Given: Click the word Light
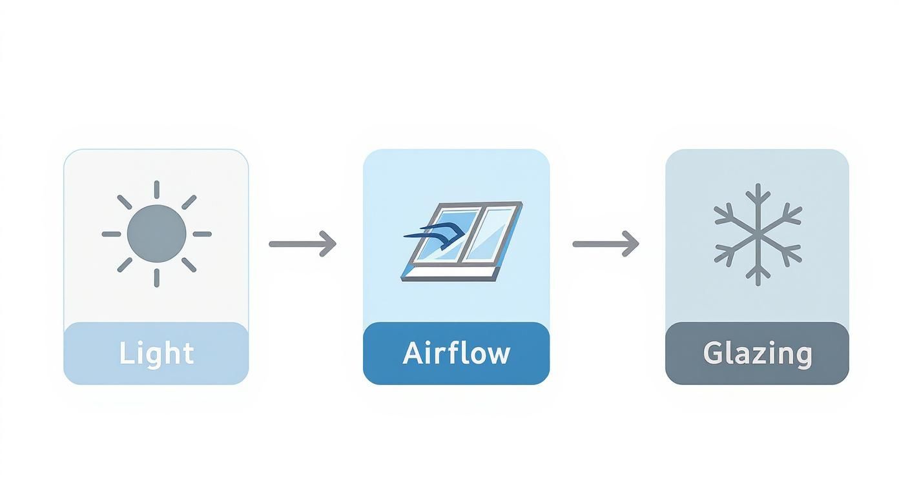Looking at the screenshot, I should [156, 353].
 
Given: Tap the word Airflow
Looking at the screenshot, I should [456, 353].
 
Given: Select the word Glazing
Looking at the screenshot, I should [757, 354].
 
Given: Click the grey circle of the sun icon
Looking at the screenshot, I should [156, 233].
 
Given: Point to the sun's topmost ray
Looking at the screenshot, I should [156, 190].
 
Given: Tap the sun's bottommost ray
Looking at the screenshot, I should [156, 277].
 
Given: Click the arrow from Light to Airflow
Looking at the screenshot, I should [302, 244].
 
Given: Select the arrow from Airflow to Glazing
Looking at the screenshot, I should [605, 244].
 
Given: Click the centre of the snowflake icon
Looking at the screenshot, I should [758, 234].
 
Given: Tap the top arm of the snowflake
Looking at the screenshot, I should [758, 197].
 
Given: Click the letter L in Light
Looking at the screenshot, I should [125, 353].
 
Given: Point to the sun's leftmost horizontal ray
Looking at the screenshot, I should [111, 234].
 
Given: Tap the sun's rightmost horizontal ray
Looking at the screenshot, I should [202, 234].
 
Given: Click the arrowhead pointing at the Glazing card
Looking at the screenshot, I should [632, 244].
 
